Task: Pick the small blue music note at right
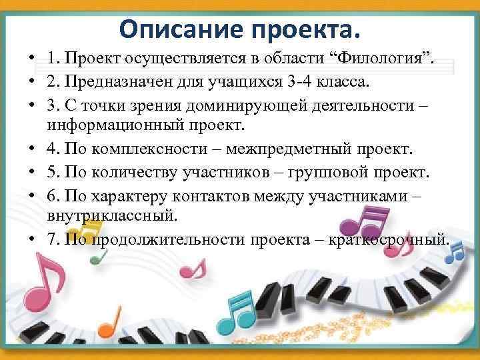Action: pyautogui.click(x=456, y=252)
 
